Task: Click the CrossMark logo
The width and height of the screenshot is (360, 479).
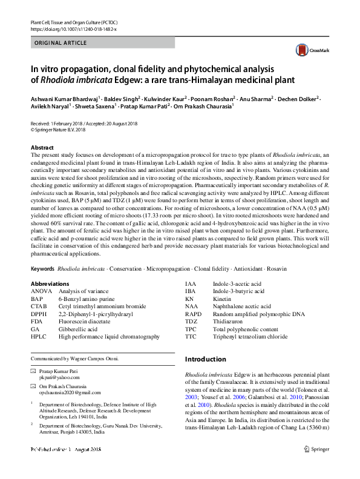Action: tap(305, 50)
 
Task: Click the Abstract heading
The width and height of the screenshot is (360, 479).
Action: tap(42, 148)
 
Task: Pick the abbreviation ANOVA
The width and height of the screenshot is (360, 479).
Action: tap(41, 291)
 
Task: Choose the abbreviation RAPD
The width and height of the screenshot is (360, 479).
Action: tap(193, 314)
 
